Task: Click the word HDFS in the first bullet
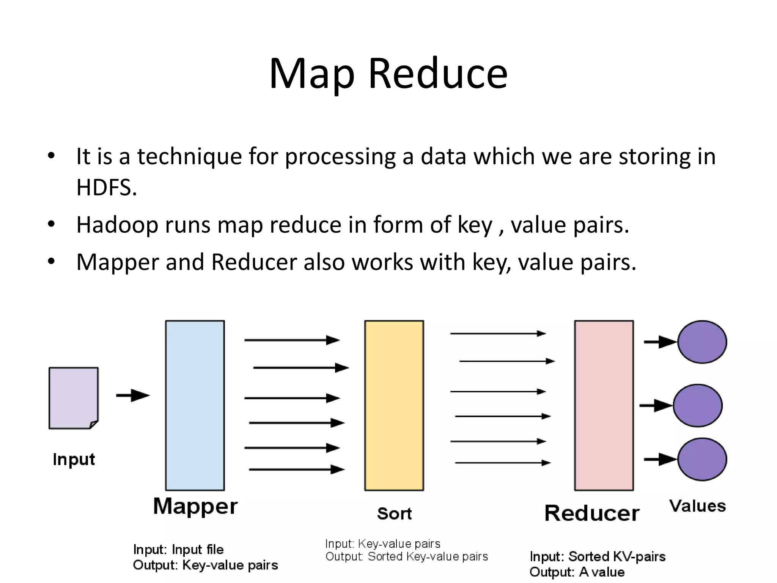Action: (x=106, y=187)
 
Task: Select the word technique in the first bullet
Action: (x=189, y=156)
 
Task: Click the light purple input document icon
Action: (x=73, y=398)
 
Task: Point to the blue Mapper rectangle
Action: (x=195, y=405)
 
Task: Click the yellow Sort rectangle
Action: (x=394, y=405)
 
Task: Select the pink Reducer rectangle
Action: (x=604, y=405)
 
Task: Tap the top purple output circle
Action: (x=702, y=342)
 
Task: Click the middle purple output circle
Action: (x=698, y=405)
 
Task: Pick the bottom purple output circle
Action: (x=702, y=459)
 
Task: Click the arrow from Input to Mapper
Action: (x=133, y=395)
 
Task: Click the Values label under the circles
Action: (x=697, y=506)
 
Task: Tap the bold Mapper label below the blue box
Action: (x=195, y=506)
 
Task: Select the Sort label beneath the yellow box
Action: (x=394, y=514)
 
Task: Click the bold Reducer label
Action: (x=592, y=513)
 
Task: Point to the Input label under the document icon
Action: (x=74, y=459)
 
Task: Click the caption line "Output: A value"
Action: (x=577, y=572)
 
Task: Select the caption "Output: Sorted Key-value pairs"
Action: (x=406, y=556)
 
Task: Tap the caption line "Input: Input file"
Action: (x=178, y=549)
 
